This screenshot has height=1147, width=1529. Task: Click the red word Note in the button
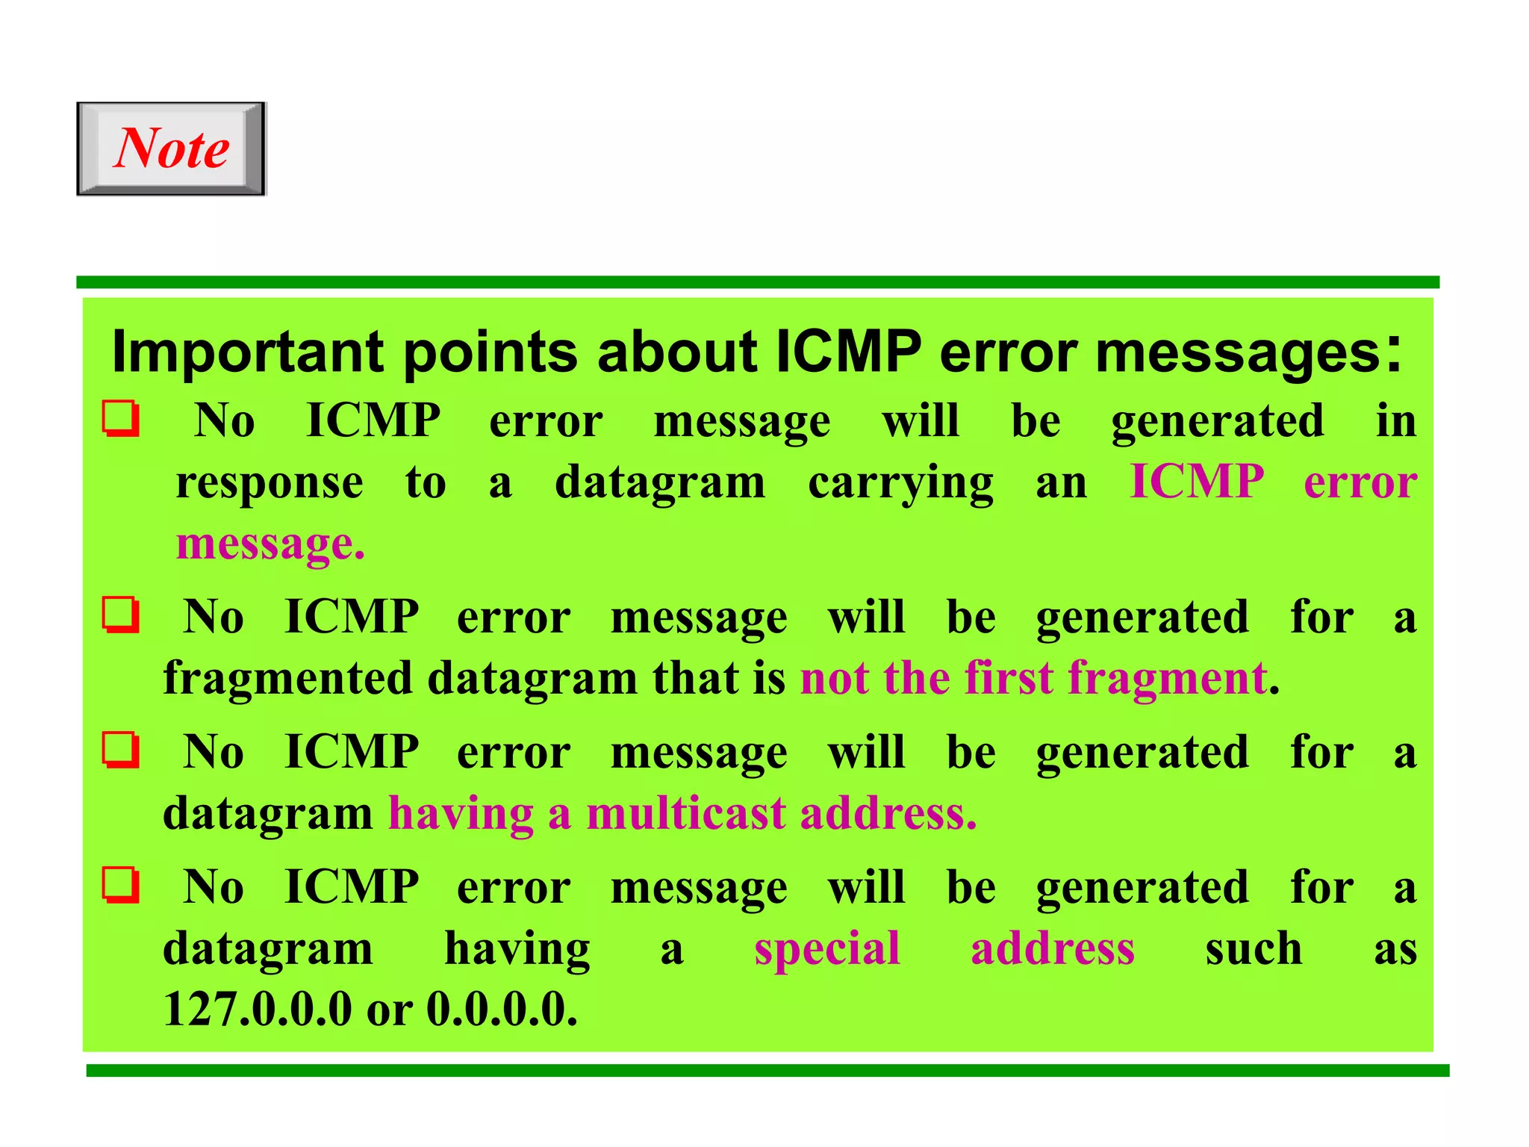[x=172, y=148]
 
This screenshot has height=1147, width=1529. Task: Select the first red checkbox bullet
[x=120, y=420]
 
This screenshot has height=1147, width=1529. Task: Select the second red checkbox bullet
[x=120, y=615]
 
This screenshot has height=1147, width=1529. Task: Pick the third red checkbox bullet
[x=120, y=750]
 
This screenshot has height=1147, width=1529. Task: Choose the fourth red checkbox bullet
[x=120, y=885]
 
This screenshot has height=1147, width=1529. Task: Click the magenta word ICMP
[x=1197, y=481]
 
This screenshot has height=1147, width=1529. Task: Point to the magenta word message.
[x=270, y=544]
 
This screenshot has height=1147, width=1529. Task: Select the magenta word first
[x=1009, y=678]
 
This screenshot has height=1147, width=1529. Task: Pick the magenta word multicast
[x=685, y=813]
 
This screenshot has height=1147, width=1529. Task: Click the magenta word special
[x=827, y=950]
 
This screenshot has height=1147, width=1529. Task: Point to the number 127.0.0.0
[x=257, y=1010]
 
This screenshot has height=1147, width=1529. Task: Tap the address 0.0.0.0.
[x=501, y=1010]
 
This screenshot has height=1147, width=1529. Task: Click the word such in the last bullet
[x=1254, y=948]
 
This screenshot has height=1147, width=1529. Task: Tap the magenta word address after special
[x=1053, y=948]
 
